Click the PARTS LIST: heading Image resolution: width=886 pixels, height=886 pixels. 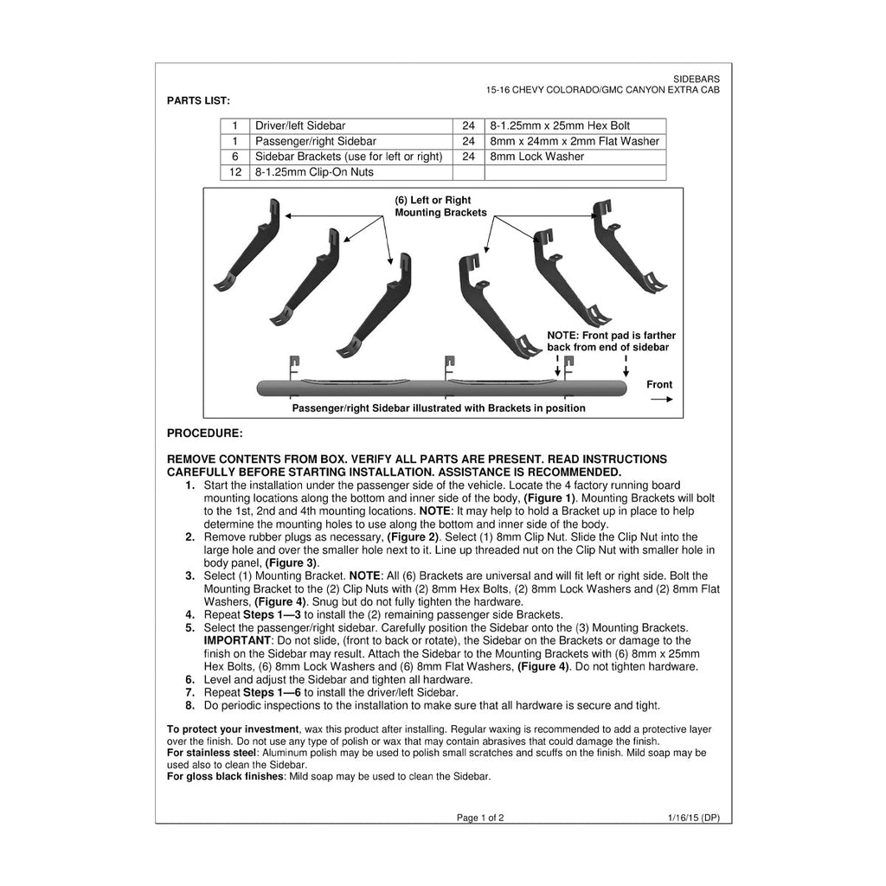[198, 101]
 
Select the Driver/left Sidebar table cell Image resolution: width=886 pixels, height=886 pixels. [351, 126]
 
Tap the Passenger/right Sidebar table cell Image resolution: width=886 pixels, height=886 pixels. [351, 141]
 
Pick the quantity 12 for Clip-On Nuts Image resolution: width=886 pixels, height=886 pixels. [235, 172]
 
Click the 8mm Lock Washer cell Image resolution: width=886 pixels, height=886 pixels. [575, 157]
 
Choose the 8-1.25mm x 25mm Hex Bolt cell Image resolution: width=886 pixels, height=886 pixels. [575, 126]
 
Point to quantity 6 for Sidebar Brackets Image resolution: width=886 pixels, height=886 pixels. [235, 157]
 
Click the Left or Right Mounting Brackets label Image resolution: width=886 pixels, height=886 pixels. [440, 206]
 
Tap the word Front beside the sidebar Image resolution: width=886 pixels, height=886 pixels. [659, 385]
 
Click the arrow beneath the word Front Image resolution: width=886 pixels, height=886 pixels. [662, 400]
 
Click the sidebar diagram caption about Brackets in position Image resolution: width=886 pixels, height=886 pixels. [439, 408]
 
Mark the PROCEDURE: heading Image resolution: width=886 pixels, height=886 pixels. [204, 433]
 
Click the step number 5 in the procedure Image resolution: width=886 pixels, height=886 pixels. [189, 628]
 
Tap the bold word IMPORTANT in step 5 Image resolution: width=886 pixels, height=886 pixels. [237, 641]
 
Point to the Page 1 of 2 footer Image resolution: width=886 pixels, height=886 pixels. [480, 818]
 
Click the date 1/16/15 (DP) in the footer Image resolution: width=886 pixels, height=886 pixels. [694, 818]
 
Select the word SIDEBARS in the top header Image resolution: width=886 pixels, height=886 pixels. [697, 80]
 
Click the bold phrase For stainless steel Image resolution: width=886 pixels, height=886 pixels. [212, 754]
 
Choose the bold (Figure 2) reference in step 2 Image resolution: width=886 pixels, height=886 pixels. [413, 537]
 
